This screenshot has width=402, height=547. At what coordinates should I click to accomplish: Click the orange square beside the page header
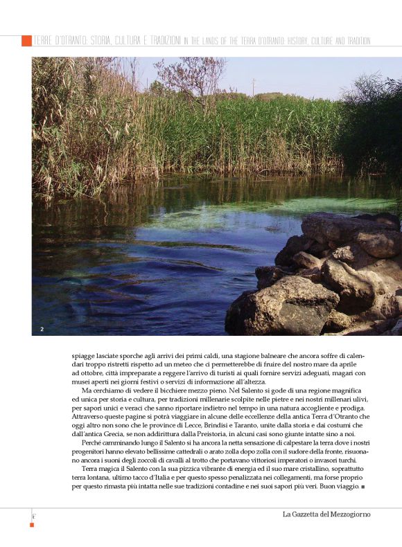tap(26, 41)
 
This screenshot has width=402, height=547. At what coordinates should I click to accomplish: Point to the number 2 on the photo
tap(42, 328)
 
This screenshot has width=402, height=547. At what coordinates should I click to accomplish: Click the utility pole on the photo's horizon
tap(253, 86)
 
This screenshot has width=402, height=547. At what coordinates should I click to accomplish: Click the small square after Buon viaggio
tap(364, 487)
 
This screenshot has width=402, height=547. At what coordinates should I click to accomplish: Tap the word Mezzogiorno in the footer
tap(353, 514)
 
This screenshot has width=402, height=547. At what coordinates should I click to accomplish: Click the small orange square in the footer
tap(32, 525)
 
